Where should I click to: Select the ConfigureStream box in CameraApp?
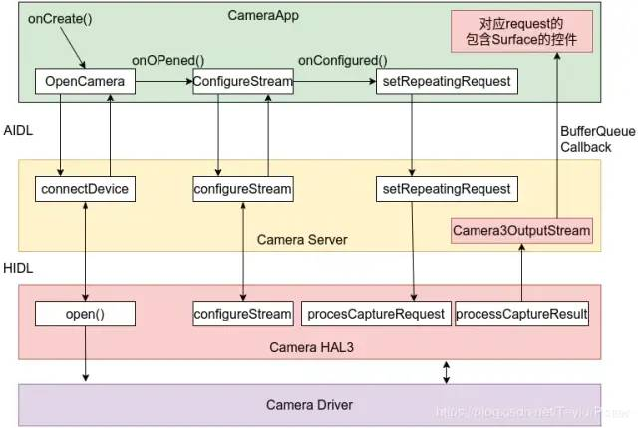click(x=242, y=82)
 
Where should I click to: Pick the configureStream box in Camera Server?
click(x=242, y=188)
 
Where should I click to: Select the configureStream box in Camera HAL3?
click(x=242, y=315)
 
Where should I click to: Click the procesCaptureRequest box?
click(x=374, y=315)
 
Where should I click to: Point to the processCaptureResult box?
click(x=521, y=315)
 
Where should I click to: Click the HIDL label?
click(x=19, y=270)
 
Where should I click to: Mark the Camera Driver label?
click(x=309, y=405)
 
